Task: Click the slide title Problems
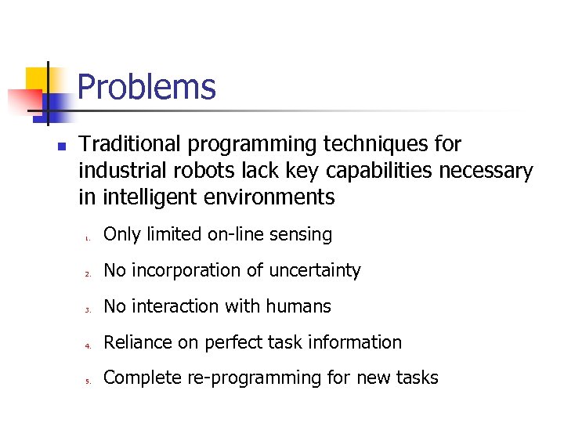coord(146,87)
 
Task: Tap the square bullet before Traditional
coord(62,146)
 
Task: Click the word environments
coord(269,197)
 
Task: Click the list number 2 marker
coord(89,273)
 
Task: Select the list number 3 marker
coord(89,309)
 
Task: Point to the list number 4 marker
coord(89,345)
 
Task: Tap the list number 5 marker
coord(89,381)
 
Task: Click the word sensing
coord(301,235)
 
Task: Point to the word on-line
coord(234,234)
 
